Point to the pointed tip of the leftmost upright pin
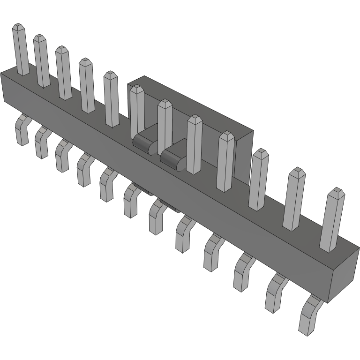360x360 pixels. click(18, 26)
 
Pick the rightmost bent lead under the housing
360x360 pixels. click(309, 314)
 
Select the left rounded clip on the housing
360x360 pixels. click(143, 142)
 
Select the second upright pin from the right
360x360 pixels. click(293, 199)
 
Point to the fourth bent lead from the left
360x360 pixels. click(85, 169)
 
